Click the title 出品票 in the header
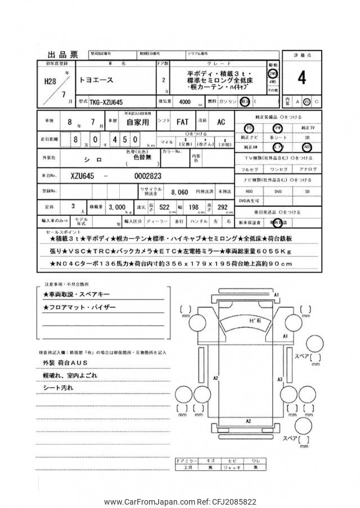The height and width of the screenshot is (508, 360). coord(62,54)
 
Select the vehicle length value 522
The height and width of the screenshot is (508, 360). coord(164,207)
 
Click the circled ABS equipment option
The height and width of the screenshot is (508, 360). coord(307,147)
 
